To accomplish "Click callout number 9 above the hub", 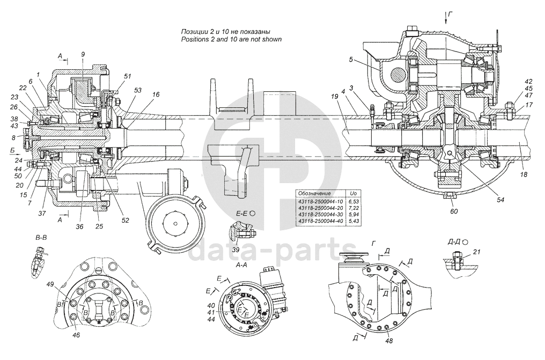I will pos(83,54).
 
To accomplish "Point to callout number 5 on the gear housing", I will pos(350,60).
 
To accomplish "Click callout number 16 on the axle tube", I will pos(156,94).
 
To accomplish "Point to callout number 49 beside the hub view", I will pos(50,284).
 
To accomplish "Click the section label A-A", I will pos(241,265).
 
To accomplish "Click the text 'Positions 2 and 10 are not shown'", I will pos(231,40).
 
